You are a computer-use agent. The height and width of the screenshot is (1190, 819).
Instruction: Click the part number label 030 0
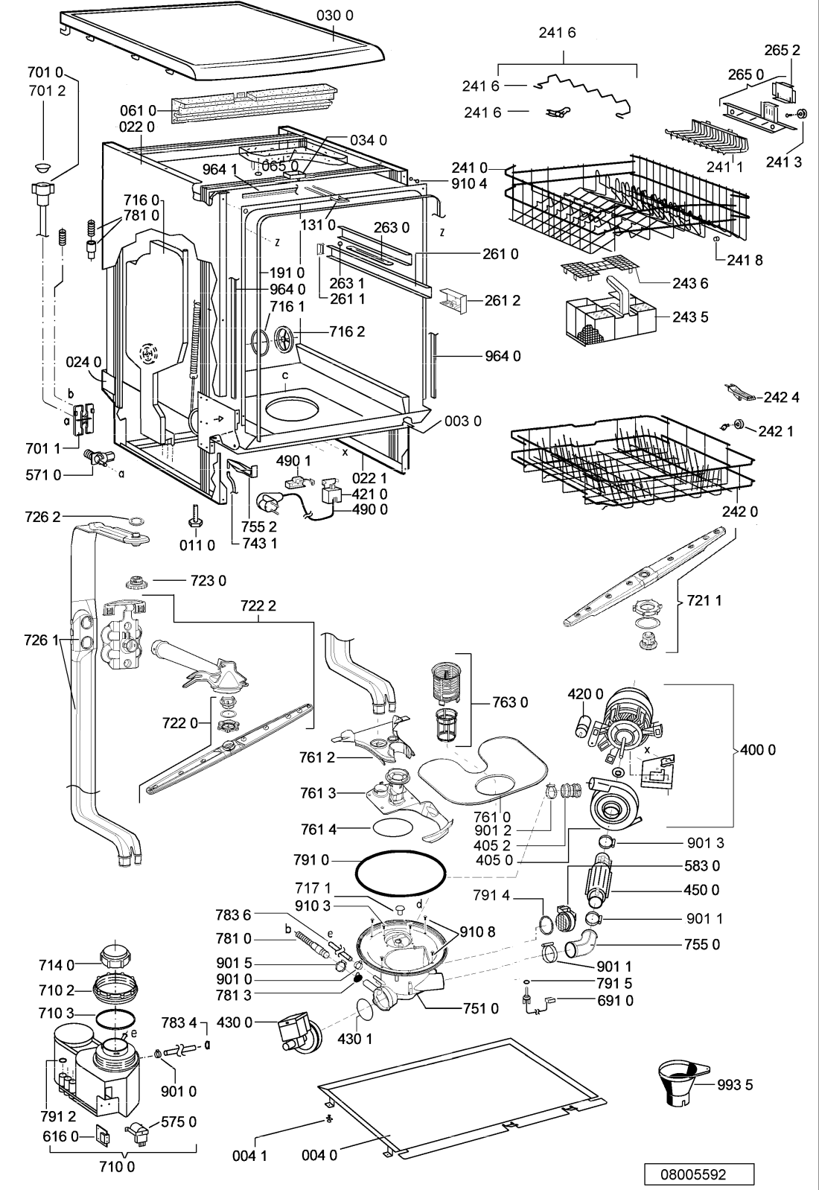(x=334, y=16)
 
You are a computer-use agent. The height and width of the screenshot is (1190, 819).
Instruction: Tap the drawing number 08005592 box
(x=699, y=1174)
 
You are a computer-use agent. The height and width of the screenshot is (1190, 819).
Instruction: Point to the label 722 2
(x=258, y=605)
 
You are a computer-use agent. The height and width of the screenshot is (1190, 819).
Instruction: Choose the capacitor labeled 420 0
(x=585, y=725)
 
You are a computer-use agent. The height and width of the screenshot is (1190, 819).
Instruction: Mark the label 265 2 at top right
(x=783, y=50)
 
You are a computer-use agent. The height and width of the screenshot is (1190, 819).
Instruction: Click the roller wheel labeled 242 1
(x=738, y=424)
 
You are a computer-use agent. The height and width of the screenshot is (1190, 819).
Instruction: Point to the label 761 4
(x=319, y=829)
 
